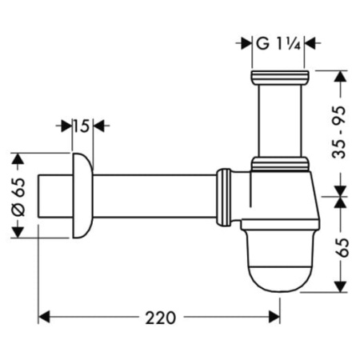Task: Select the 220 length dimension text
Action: [x=161, y=318]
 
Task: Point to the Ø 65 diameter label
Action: [x=22, y=194]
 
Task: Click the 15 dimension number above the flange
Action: [x=80, y=126]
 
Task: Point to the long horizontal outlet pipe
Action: [x=152, y=194]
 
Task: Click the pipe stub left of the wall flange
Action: [x=53, y=194]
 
